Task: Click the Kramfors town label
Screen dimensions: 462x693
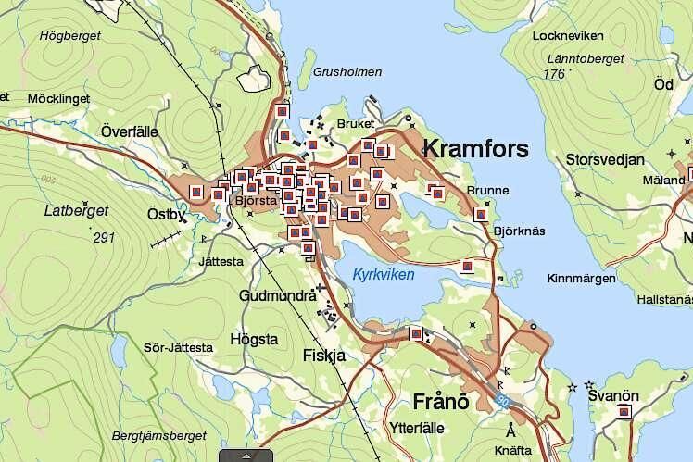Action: click(475, 149)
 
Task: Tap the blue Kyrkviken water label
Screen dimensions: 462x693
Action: click(384, 275)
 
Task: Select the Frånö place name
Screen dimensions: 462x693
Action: click(435, 401)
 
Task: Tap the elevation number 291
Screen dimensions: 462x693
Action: click(104, 238)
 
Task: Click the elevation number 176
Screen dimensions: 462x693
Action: click(555, 74)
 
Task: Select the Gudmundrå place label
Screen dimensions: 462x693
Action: click(276, 296)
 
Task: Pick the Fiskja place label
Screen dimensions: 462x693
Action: click(323, 355)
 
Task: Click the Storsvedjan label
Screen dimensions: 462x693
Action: click(604, 159)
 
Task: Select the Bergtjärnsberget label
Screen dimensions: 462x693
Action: click(158, 434)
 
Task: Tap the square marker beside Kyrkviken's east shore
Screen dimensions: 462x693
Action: click(469, 268)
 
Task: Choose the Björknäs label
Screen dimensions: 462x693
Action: click(519, 230)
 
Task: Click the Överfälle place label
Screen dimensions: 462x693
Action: click(132, 129)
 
